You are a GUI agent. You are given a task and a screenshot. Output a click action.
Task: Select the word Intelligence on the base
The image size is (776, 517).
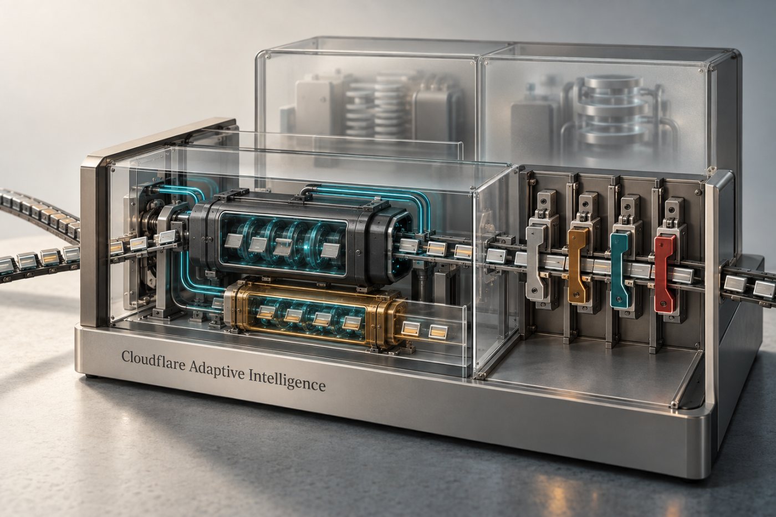tap(287, 380)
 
